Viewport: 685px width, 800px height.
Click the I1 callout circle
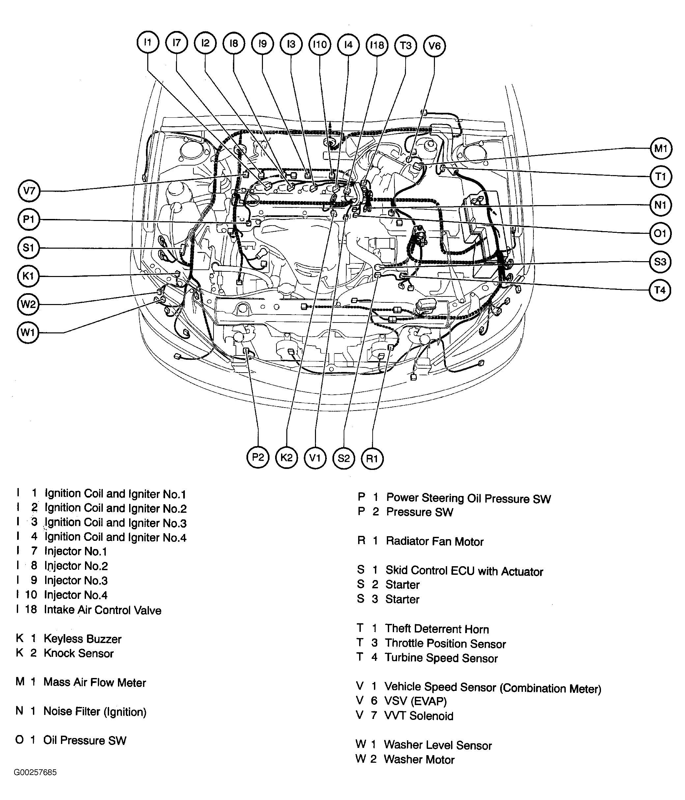click(148, 42)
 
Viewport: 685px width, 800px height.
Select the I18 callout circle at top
click(377, 45)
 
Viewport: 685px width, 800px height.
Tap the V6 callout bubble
click(434, 46)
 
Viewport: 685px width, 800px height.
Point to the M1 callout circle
click(661, 148)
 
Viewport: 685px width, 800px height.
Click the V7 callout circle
click(29, 191)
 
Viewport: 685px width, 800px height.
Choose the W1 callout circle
click(28, 332)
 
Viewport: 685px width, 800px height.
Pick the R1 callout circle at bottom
click(372, 459)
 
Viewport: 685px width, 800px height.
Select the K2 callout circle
click(287, 458)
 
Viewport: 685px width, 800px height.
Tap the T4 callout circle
click(660, 290)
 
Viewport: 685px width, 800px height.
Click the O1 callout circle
click(660, 233)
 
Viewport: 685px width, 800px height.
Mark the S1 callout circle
click(29, 248)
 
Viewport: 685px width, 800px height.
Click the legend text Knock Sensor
click(78, 653)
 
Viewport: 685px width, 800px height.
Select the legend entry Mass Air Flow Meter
click(95, 682)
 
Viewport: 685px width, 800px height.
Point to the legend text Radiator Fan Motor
click(434, 541)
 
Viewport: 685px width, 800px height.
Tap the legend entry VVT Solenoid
click(418, 716)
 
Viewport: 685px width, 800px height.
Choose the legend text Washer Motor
click(419, 759)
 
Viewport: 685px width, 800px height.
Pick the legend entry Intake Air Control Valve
click(102, 610)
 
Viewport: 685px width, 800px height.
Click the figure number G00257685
click(35, 772)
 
